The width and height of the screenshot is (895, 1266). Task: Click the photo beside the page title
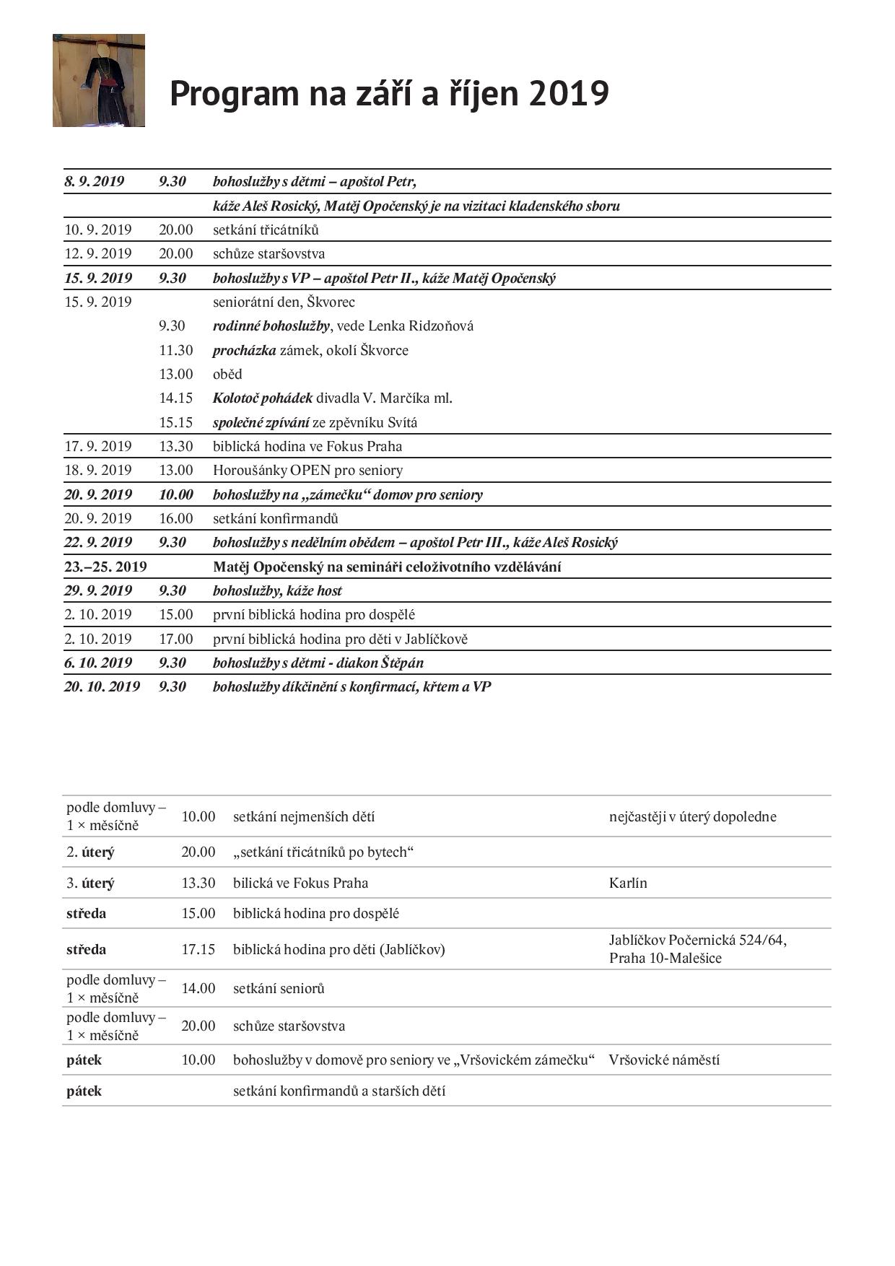(99, 80)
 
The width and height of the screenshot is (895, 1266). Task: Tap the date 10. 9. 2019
(98, 230)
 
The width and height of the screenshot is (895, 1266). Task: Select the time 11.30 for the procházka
(176, 351)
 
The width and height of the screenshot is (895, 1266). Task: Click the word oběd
(227, 375)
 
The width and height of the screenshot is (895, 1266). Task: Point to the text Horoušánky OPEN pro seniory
(307, 471)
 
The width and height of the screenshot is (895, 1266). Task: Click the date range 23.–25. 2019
(105, 567)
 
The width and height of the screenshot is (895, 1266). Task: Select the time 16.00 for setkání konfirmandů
(176, 519)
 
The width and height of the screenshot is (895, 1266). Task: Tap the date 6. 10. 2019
(98, 663)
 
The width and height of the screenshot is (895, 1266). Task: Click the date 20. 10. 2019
(102, 687)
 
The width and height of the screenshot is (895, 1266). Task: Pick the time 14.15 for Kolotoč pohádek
(176, 398)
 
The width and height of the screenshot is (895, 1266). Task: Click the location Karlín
(628, 883)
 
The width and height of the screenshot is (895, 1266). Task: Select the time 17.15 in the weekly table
(198, 950)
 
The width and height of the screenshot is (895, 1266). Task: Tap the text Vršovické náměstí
(664, 1060)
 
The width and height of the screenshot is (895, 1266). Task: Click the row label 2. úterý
(90, 852)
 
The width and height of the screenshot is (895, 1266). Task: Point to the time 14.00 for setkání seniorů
(198, 989)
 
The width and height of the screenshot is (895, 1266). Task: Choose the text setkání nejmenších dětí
(303, 817)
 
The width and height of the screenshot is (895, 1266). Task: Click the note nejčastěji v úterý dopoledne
(692, 817)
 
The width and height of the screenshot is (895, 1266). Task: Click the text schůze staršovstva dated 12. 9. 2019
(268, 254)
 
